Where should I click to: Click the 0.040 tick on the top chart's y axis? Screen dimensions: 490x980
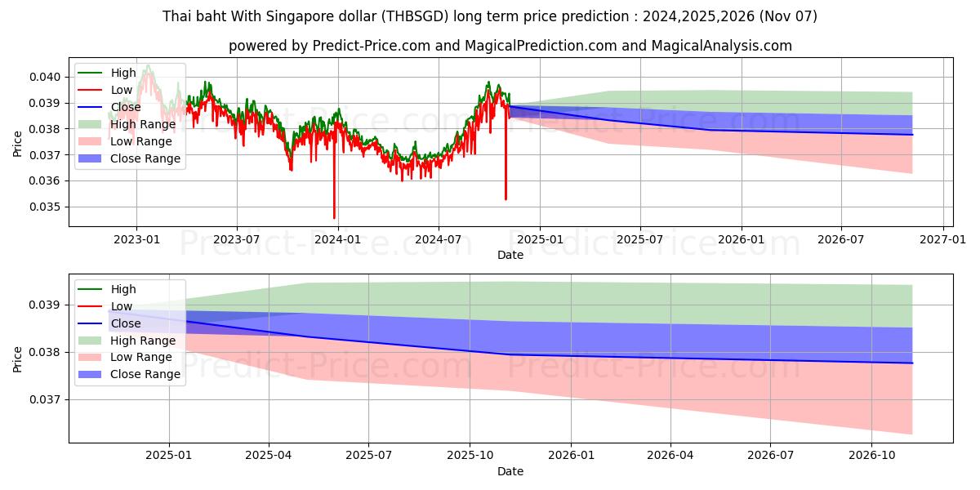[x=46, y=77]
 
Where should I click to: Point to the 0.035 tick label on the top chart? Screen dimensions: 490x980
[x=46, y=207]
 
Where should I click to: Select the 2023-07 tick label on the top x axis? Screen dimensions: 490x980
[x=237, y=239]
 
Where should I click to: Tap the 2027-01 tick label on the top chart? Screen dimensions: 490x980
[x=943, y=239]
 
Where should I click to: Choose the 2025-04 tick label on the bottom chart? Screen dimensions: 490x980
[x=269, y=456]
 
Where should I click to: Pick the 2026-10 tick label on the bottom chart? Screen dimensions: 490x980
[x=872, y=456]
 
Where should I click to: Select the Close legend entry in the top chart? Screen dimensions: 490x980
[x=126, y=107]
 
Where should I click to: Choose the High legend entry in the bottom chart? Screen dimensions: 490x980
[x=123, y=289]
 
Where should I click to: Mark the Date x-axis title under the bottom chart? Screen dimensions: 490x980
[x=510, y=471]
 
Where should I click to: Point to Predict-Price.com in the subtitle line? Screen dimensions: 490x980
[x=372, y=46]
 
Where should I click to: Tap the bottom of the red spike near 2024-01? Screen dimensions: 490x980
[x=334, y=218]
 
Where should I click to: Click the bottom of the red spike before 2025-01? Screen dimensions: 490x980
[x=506, y=199]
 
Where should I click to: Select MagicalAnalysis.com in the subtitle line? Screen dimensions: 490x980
[x=721, y=46]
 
